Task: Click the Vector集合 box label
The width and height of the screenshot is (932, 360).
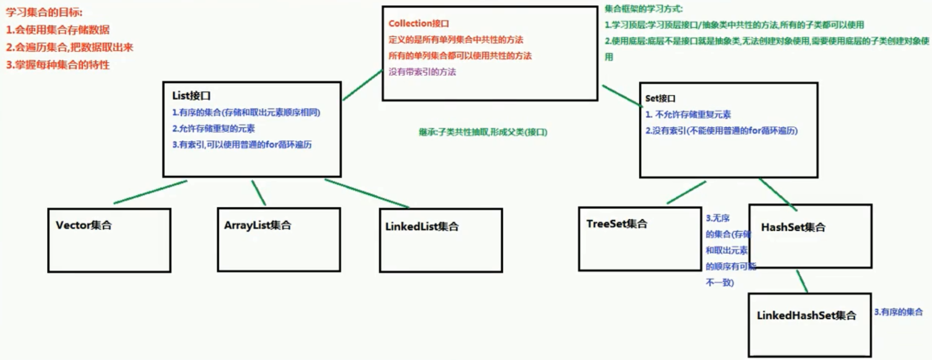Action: pos(84,225)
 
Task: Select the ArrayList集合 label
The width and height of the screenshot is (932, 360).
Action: pos(258,225)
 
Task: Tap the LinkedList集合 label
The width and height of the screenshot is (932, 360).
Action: pos(421,227)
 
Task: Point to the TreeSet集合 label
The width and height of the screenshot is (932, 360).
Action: pos(617,224)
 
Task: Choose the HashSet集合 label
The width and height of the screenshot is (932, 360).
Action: pos(793,228)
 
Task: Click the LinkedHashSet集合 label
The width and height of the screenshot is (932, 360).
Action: pos(806,315)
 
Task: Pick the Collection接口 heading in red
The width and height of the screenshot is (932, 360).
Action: pos(418,23)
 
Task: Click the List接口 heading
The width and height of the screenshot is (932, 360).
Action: pos(191,96)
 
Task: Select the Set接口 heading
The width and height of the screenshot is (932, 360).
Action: pos(660,99)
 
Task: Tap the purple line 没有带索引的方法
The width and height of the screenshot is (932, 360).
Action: pos(422,72)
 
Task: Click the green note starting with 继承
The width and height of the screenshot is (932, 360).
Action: pos(483,132)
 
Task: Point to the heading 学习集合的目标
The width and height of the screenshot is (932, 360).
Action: pos(44,12)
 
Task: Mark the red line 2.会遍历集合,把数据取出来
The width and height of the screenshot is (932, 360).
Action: pos(69,47)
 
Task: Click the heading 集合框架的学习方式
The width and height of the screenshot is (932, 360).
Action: pos(644,9)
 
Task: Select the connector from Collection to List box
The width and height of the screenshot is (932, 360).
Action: pos(362,86)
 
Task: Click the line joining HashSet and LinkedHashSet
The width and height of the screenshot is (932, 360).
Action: pos(801,281)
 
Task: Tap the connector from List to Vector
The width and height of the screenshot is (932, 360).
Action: pos(150,192)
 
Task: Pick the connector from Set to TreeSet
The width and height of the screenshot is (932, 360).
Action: pos(686,193)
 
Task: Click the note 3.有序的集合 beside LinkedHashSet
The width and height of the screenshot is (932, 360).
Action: pos(898,312)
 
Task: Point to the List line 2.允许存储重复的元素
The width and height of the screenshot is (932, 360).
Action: pos(213,128)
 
